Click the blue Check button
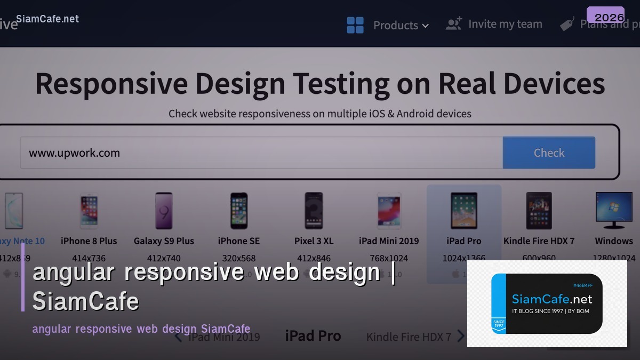point(549,153)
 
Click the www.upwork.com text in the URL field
point(74,153)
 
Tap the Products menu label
point(395,25)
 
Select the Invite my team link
point(505,24)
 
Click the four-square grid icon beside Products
point(355,25)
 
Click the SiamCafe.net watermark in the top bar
point(47,19)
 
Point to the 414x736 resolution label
point(89,258)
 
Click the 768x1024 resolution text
point(389,258)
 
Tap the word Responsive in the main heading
point(111,84)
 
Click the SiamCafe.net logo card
point(547,303)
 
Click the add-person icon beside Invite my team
point(454,24)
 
